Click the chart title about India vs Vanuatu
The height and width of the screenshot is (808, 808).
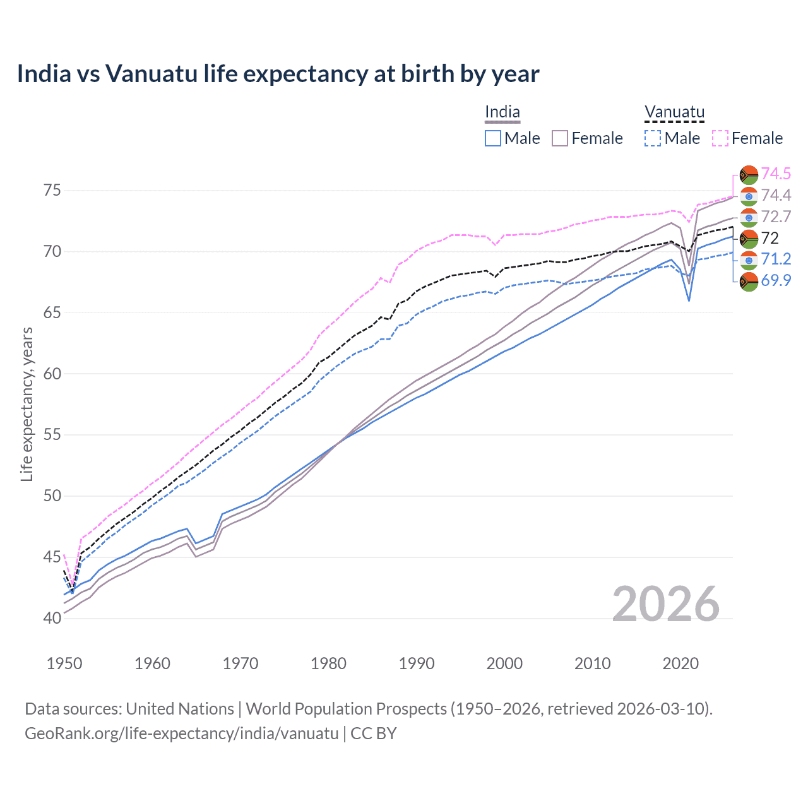(x=278, y=74)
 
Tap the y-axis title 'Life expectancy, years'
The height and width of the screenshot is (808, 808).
(x=27, y=404)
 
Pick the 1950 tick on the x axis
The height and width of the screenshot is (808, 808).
(x=64, y=663)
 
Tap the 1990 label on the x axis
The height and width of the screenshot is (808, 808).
(x=417, y=663)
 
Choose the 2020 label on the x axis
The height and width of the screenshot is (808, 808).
(x=680, y=663)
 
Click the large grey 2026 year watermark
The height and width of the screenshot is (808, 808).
(x=665, y=604)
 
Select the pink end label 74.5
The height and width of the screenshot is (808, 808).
(x=776, y=174)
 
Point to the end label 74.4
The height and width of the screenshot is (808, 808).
(x=776, y=195)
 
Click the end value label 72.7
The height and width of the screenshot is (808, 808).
(x=776, y=217)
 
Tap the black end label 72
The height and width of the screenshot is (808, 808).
(x=770, y=238)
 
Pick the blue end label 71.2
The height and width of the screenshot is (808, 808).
(x=776, y=259)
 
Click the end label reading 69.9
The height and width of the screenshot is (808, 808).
(x=776, y=280)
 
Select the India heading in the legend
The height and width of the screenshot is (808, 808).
(x=502, y=112)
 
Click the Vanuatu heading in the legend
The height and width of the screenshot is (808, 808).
(x=674, y=112)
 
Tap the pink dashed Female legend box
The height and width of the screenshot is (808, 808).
(x=720, y=138)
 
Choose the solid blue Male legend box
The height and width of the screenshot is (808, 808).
(x=493, y=138)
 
